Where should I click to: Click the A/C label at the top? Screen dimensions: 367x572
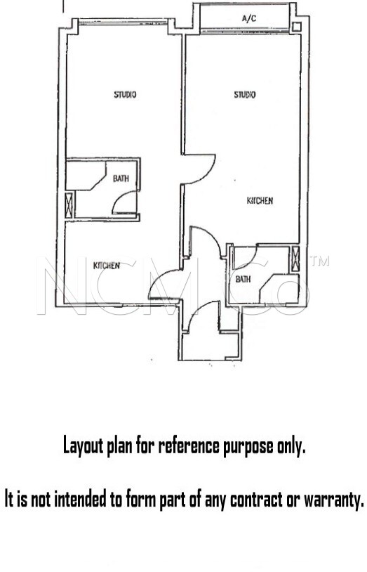pyautogui.click(x=249, y=18)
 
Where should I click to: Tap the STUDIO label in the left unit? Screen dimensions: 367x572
pyautogui.click(x=125, y=94)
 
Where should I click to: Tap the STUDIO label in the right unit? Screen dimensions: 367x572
pyautogui.click(x=244, y=94)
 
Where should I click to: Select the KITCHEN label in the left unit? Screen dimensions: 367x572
pyautogui.click(x=107, y=265)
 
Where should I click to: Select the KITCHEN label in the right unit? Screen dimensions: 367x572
pyautogui.click(x=260, y=201)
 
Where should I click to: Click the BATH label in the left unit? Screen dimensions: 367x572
pyautogui.click(x=121, y=178)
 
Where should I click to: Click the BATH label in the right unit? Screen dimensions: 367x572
pyautogui.click(x=243, y=279)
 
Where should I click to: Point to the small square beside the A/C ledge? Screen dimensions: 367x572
pyautogui.click(x=297, y=27)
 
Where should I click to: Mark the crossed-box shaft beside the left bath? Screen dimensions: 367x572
pyautogui.click(x=69, y=205)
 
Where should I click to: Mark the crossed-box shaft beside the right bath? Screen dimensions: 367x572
pyautogui.click(x=295, y=259)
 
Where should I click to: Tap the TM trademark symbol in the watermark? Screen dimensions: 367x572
pyautogui.click(x=319, y=261)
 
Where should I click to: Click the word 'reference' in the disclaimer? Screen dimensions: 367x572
pyautogui.click(x=189, y=446)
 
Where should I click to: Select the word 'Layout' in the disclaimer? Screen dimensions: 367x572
pyautogui.click(x=83, y=446)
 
